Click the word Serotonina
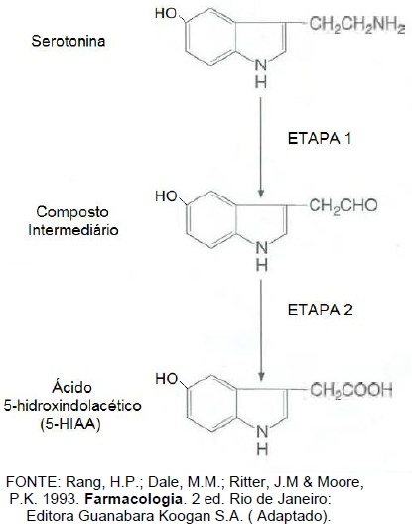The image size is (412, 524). click(x=69, y=41)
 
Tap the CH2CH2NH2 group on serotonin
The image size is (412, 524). click(x=357, y=25)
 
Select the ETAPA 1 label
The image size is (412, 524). click(x=320, y=139)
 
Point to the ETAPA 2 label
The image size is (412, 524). click(x=320, y=310)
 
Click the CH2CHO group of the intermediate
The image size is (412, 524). click(x=343, y=206)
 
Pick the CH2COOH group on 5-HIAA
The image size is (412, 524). click(x=350, y=390)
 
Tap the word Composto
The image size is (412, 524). click(x=72, y=212)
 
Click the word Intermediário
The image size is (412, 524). click(x=73, y=230)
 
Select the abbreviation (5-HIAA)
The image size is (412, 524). click(x=70, y=424)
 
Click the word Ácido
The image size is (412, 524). click(x=71, y=387)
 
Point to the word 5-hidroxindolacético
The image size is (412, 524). click(x=72, y=406)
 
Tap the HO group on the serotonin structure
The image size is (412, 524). click(x=166, y=13)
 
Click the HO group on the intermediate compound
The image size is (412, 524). click(x=166, y=196)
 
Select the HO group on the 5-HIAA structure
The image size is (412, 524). click(x=166, y=379)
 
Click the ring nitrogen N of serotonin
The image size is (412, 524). click(x=261, y=65)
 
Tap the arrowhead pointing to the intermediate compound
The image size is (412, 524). click(x=261, y=194)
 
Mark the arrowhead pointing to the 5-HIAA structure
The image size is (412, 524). click(x=261, y=377)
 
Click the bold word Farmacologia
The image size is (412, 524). click(x=133, y=499)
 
